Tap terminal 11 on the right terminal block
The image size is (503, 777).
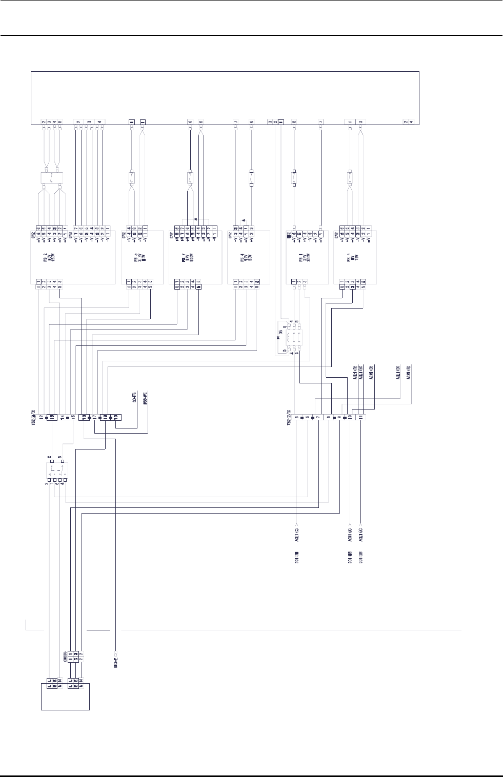pyautogui.click(x=361, y=417)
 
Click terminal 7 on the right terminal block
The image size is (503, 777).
pyautogui.click(x=318, y=417)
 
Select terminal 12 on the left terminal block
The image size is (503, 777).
pyautogui.click(x=40, y=417)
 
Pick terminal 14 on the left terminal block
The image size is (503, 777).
pyautogui.click(x=62, y=417)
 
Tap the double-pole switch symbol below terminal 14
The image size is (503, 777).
pyautogui.click(x=57, y=470)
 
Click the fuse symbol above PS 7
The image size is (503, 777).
pyautogui.click(x=190, y=179)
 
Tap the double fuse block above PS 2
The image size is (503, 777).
pyautogui.click(x=51, y=179)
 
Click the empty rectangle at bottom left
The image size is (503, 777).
pyautogui.click(x=65, y=696)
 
